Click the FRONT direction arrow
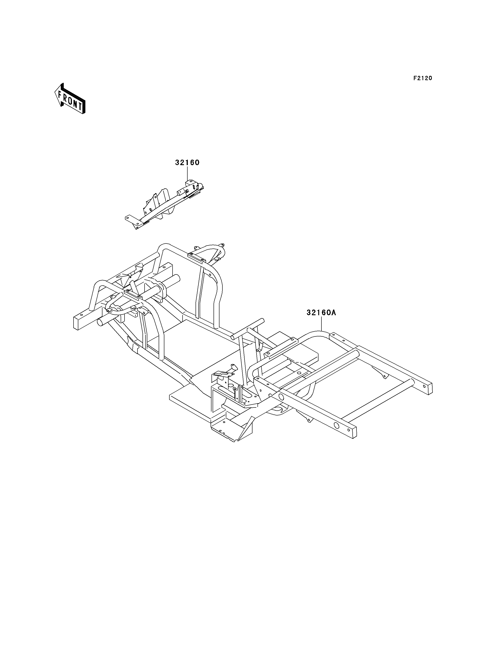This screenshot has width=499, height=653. pyautogui.click(x=70, y=99)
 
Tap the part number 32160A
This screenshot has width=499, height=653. pyautogui.click(x=321, y=313)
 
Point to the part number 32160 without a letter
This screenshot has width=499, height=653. pyautogui.click(x=187, y=163)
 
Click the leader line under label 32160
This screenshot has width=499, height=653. pyautogui.click(x=187, y=173)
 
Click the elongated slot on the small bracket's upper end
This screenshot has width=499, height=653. pyautogui.click(x=195, y=187)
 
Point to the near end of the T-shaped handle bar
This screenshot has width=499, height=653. pyautogui.click(x=234, y=337)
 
